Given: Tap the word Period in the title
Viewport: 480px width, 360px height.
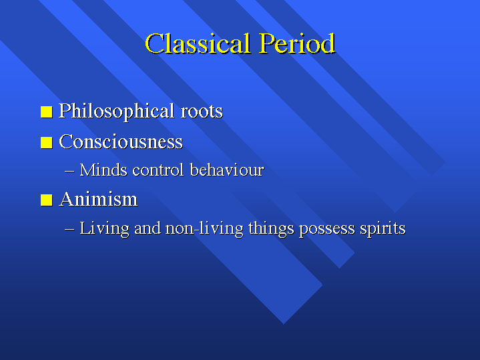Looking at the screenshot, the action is (298, 43).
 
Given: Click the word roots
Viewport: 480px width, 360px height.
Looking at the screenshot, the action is (202, 112).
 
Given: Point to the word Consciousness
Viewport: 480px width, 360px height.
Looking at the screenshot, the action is (121, 142).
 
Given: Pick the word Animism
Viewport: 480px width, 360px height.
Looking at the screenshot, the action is (98, 200).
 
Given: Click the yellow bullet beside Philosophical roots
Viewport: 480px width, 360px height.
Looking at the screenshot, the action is (47, 112).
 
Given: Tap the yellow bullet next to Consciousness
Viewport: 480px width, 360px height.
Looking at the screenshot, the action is (47, 142).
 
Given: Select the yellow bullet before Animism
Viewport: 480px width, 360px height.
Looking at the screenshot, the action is (47, 200).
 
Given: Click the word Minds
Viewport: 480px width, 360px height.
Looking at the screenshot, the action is (103, 170).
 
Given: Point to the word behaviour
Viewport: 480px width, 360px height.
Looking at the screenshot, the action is (227, 170).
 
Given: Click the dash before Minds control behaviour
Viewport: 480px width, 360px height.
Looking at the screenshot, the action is (69, 171).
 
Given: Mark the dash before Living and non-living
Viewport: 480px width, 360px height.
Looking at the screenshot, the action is (69, 229).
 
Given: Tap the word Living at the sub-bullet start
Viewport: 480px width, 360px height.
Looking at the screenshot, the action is (104, 229).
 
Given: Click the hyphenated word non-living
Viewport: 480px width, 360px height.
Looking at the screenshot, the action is (204, 229).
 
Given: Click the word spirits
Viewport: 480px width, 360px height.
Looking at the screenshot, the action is (383, 229).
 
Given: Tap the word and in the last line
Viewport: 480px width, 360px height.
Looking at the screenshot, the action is (148, 228).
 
